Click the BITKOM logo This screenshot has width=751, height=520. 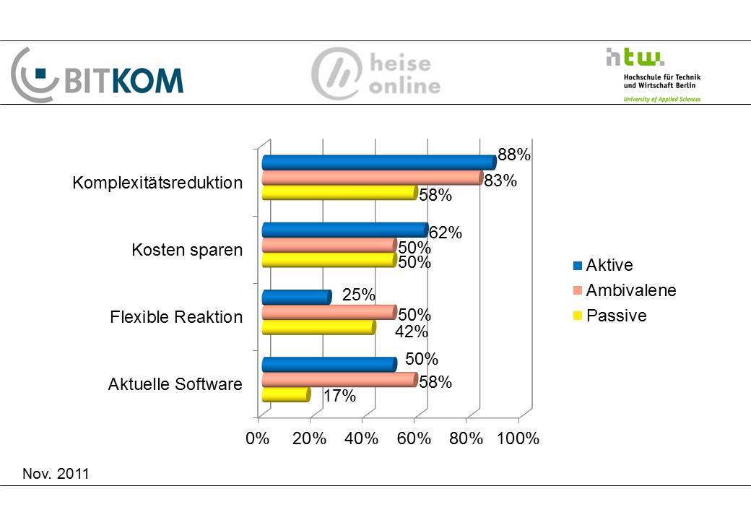click(97, 74)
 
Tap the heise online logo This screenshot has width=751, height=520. click(375, 74)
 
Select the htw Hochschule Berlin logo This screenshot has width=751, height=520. click(653, 74)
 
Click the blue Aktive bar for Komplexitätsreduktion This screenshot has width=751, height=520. click(378, 162)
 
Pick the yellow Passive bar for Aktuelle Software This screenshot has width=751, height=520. click(285, 395)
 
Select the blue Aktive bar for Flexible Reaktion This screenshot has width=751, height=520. click(296, 297)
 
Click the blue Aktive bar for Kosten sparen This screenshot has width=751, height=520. click(344, 230)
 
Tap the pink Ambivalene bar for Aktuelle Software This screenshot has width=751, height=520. click(339, 380)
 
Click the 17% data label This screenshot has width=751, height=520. click(339, 396)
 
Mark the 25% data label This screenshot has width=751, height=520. click(358, 295)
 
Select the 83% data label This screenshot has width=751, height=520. click(500, 181)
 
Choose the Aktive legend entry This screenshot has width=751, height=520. click(603, 266)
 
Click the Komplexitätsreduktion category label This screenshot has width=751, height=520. click(157, 183)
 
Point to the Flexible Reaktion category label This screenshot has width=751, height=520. click(176, 317)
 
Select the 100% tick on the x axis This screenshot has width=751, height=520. click(519, 439)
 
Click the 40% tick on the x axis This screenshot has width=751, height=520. click(362, 439)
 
